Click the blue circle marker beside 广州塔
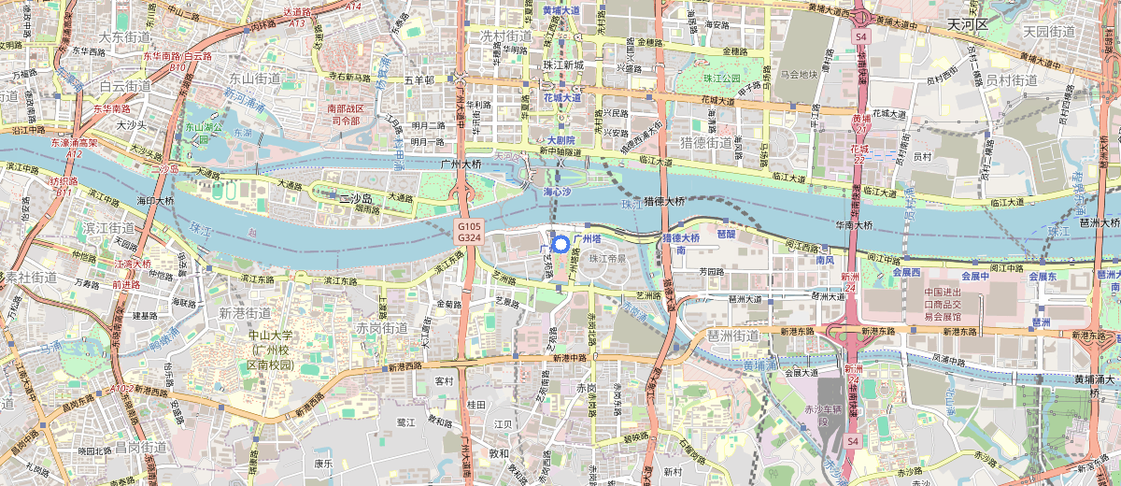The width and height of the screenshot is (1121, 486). (x=560, y=245)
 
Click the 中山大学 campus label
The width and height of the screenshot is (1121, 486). (x=271, y=348)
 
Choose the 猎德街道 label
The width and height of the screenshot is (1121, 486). (x=705, y=142)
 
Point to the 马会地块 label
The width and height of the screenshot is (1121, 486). (x=799, y=74)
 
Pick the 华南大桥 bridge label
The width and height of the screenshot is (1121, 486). (x=853, y=224)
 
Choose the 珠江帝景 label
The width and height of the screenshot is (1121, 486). (x=607, y=256)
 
